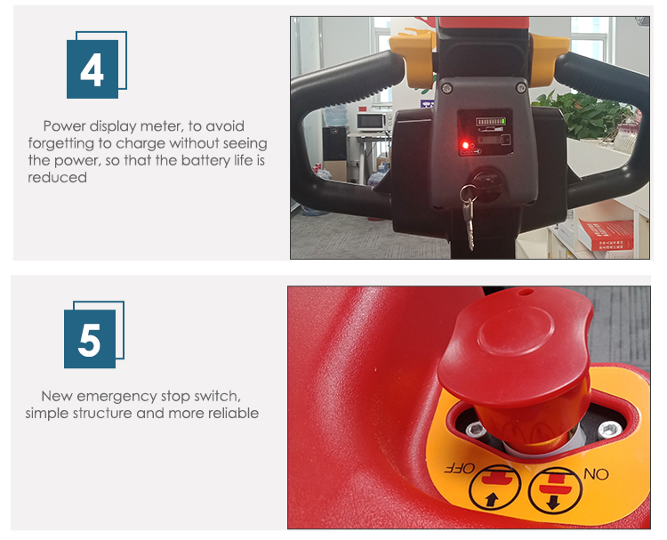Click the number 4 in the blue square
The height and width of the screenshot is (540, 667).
pos(92,69)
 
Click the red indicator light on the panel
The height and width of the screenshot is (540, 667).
pos(462,145)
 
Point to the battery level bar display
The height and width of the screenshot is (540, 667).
pos(480,121)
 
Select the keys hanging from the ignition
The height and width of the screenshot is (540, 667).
pos(469,218)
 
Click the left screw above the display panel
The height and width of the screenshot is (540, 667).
pos(446,87)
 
